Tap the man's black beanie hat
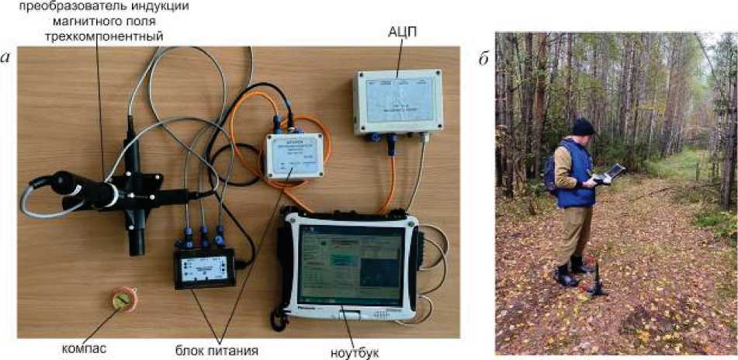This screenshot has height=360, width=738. tap(583, 126)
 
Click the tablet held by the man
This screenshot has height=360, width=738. tap(612, 172)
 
